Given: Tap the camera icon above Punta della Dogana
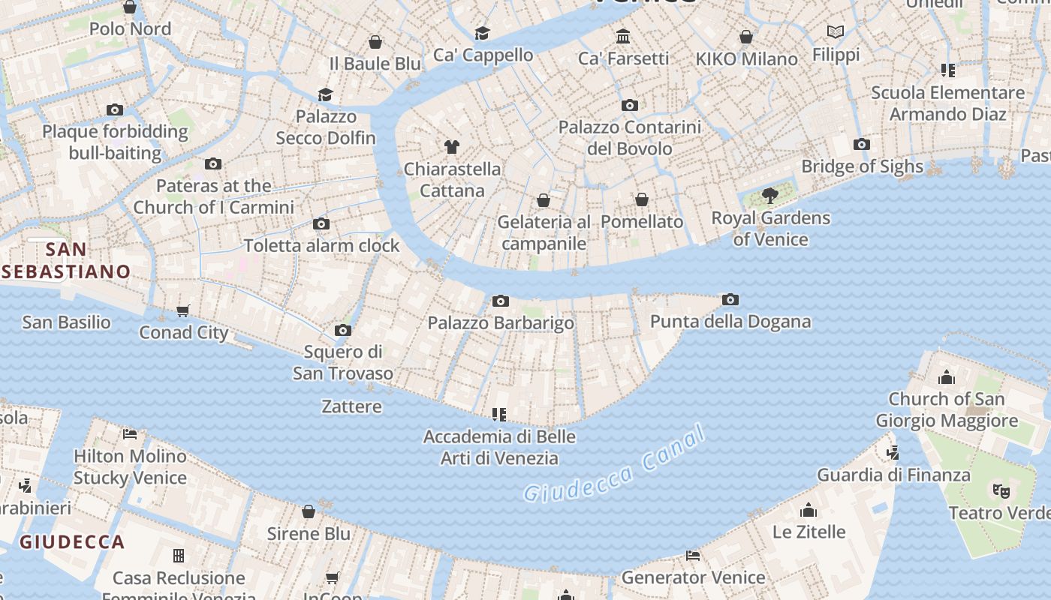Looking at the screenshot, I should point(730,300).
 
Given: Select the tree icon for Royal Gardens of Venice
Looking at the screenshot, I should point(769,196).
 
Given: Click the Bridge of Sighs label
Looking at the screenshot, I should point(862,166).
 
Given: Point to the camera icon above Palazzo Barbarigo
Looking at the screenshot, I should point(500,301).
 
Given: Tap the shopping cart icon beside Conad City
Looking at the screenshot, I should point(183,310).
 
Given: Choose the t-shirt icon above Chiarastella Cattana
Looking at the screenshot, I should point(451,147).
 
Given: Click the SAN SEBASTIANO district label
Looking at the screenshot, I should point(66,260).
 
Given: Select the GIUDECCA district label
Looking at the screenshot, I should point(72,541).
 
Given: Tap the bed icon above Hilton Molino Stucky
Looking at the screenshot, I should point(130,434).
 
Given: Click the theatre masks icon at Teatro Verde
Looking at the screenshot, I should point(1001,491).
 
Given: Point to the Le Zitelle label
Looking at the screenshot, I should point(809,532).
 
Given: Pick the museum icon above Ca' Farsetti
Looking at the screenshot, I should point(622,36).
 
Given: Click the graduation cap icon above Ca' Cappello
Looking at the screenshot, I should point(482,33).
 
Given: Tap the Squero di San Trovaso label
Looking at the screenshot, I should point(342,362).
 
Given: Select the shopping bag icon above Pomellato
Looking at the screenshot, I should point(642,199).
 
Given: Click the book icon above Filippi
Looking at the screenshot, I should point(836,32).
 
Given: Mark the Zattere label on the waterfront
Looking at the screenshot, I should point(351,406).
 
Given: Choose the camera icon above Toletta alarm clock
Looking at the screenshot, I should point(321,224).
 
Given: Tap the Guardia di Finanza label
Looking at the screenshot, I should point(893,475).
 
